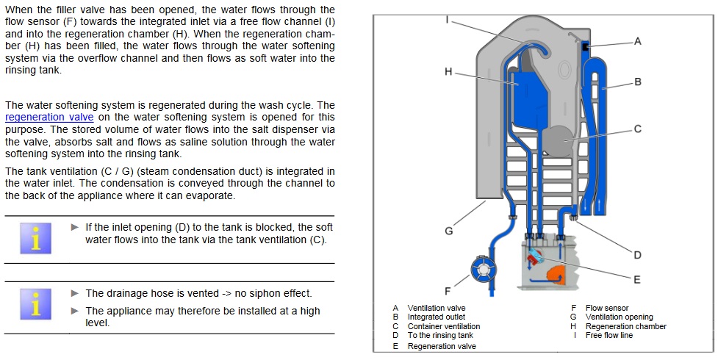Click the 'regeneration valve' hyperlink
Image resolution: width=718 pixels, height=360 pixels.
[x=49, y=117]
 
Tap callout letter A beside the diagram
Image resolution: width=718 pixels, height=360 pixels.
[x=637, y=41]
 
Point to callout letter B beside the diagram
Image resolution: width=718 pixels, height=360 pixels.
[x=638, y=82]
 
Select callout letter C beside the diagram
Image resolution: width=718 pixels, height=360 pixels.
[x=638, y=129]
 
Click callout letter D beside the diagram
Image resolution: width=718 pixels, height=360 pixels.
[x=637, y=255]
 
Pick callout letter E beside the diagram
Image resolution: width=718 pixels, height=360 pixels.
[x=637, y=279]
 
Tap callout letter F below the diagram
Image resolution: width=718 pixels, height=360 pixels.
[x=448, y=292]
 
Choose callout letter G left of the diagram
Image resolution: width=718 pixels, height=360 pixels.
[x=449, y=231]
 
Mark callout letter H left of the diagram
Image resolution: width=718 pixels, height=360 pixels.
[x=448, y=72]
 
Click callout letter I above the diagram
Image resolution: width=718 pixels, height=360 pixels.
[x=448, y=19]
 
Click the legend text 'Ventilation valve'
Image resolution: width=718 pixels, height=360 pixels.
[x=437, y=308]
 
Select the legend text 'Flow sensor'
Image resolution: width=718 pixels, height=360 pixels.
[x=607, y=308]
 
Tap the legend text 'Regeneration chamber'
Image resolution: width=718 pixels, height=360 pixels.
[x=625, y=326]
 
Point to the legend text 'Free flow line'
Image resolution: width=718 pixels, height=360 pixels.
[x=608, y=335]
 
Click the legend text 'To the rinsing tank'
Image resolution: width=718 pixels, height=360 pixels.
[x=441, y=335]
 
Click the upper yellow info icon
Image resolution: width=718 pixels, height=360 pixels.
[x=36, y=237]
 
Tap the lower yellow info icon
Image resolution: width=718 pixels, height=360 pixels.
[x=36, y=305]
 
